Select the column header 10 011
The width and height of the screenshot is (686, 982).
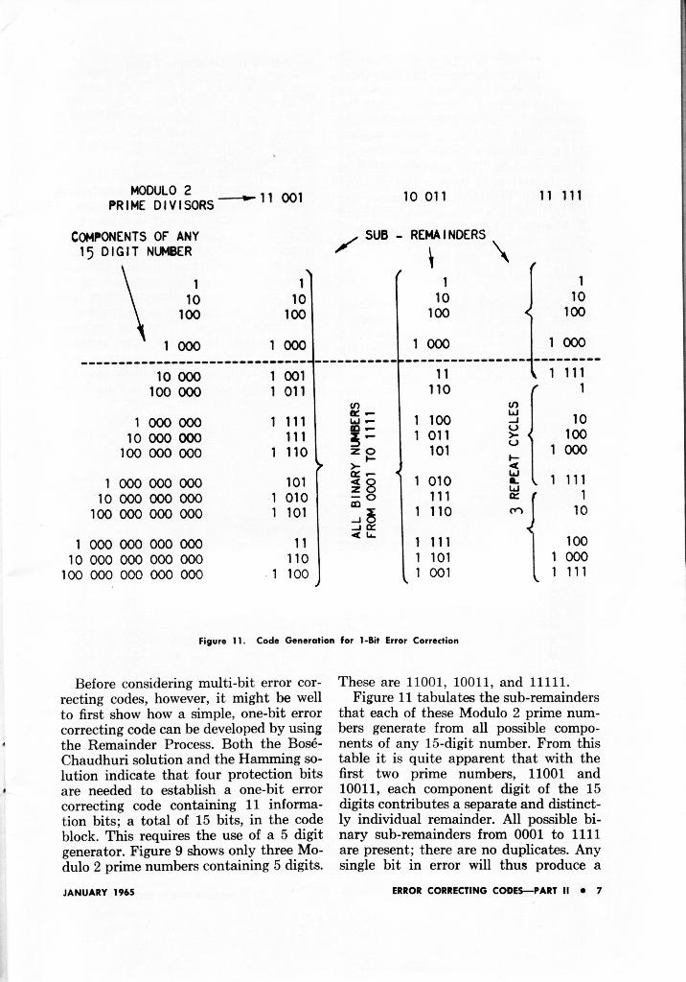(425, 197)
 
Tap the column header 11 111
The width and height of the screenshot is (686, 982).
(562, 197)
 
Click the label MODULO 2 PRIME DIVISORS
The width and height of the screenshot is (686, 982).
(161, 198)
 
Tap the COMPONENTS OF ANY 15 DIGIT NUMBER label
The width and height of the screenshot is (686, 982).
(134, 244)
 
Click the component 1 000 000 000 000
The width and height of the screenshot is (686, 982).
(139, 542)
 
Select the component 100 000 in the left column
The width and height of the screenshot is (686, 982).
(173, 392)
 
